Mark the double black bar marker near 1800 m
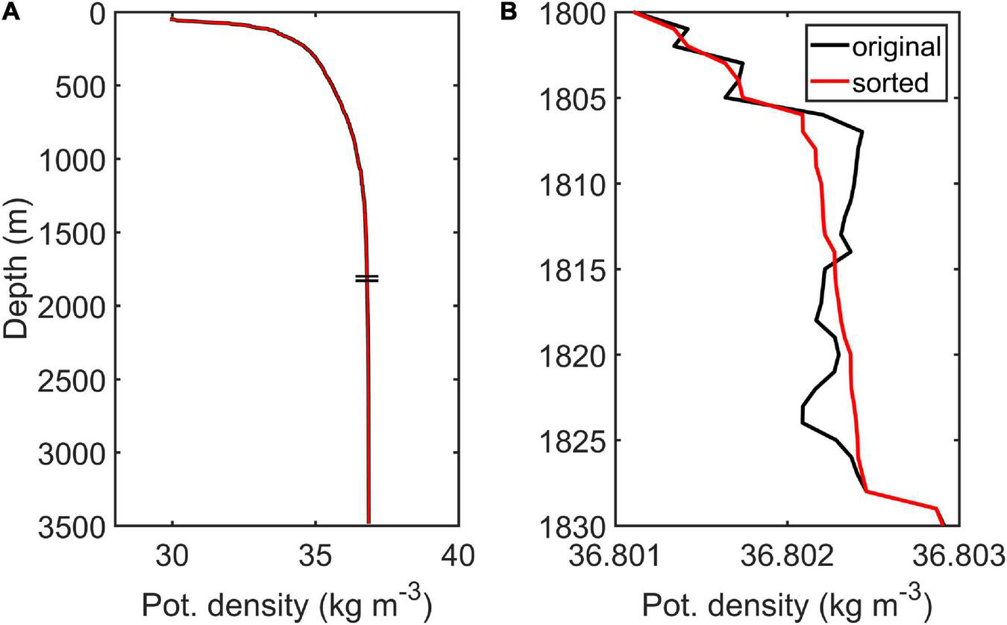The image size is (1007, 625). (367, 279)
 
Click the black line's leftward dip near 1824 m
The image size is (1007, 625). (803, 415)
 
